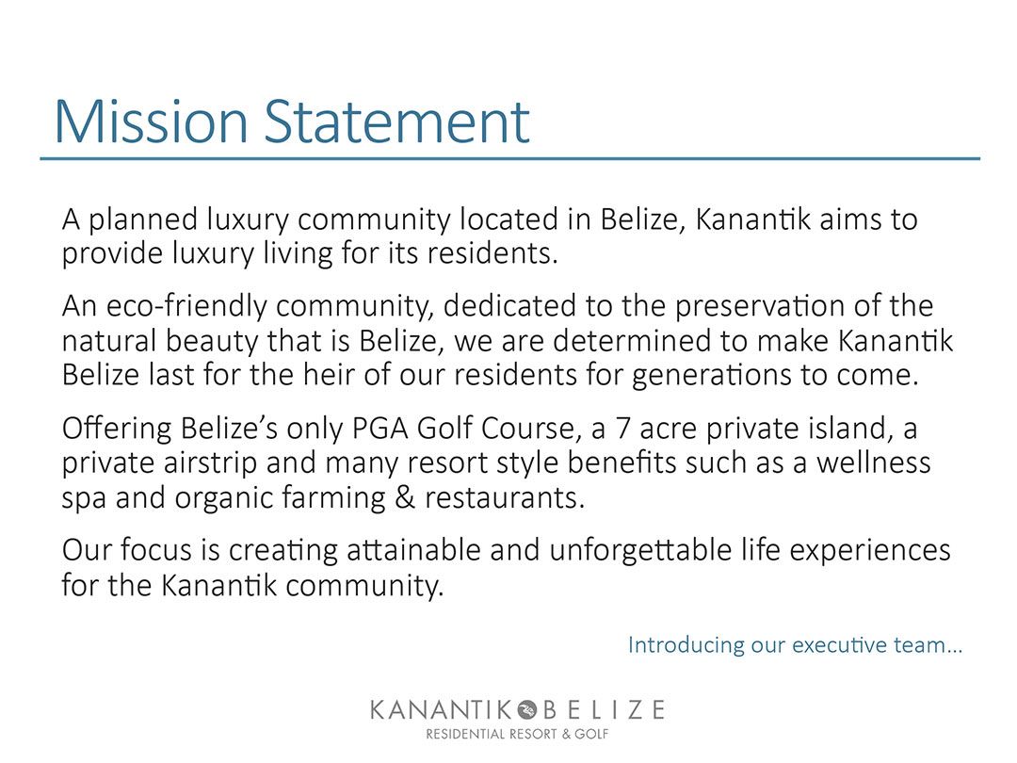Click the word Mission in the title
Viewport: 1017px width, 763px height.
pos(152,122)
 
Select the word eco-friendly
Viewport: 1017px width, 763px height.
pos(186,307)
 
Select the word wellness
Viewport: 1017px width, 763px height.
pos(874,463)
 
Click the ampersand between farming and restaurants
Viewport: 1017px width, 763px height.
pos(405,498)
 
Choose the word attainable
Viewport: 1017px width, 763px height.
pos(413,550)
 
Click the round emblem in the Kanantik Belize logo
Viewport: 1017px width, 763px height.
pos(526,710)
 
